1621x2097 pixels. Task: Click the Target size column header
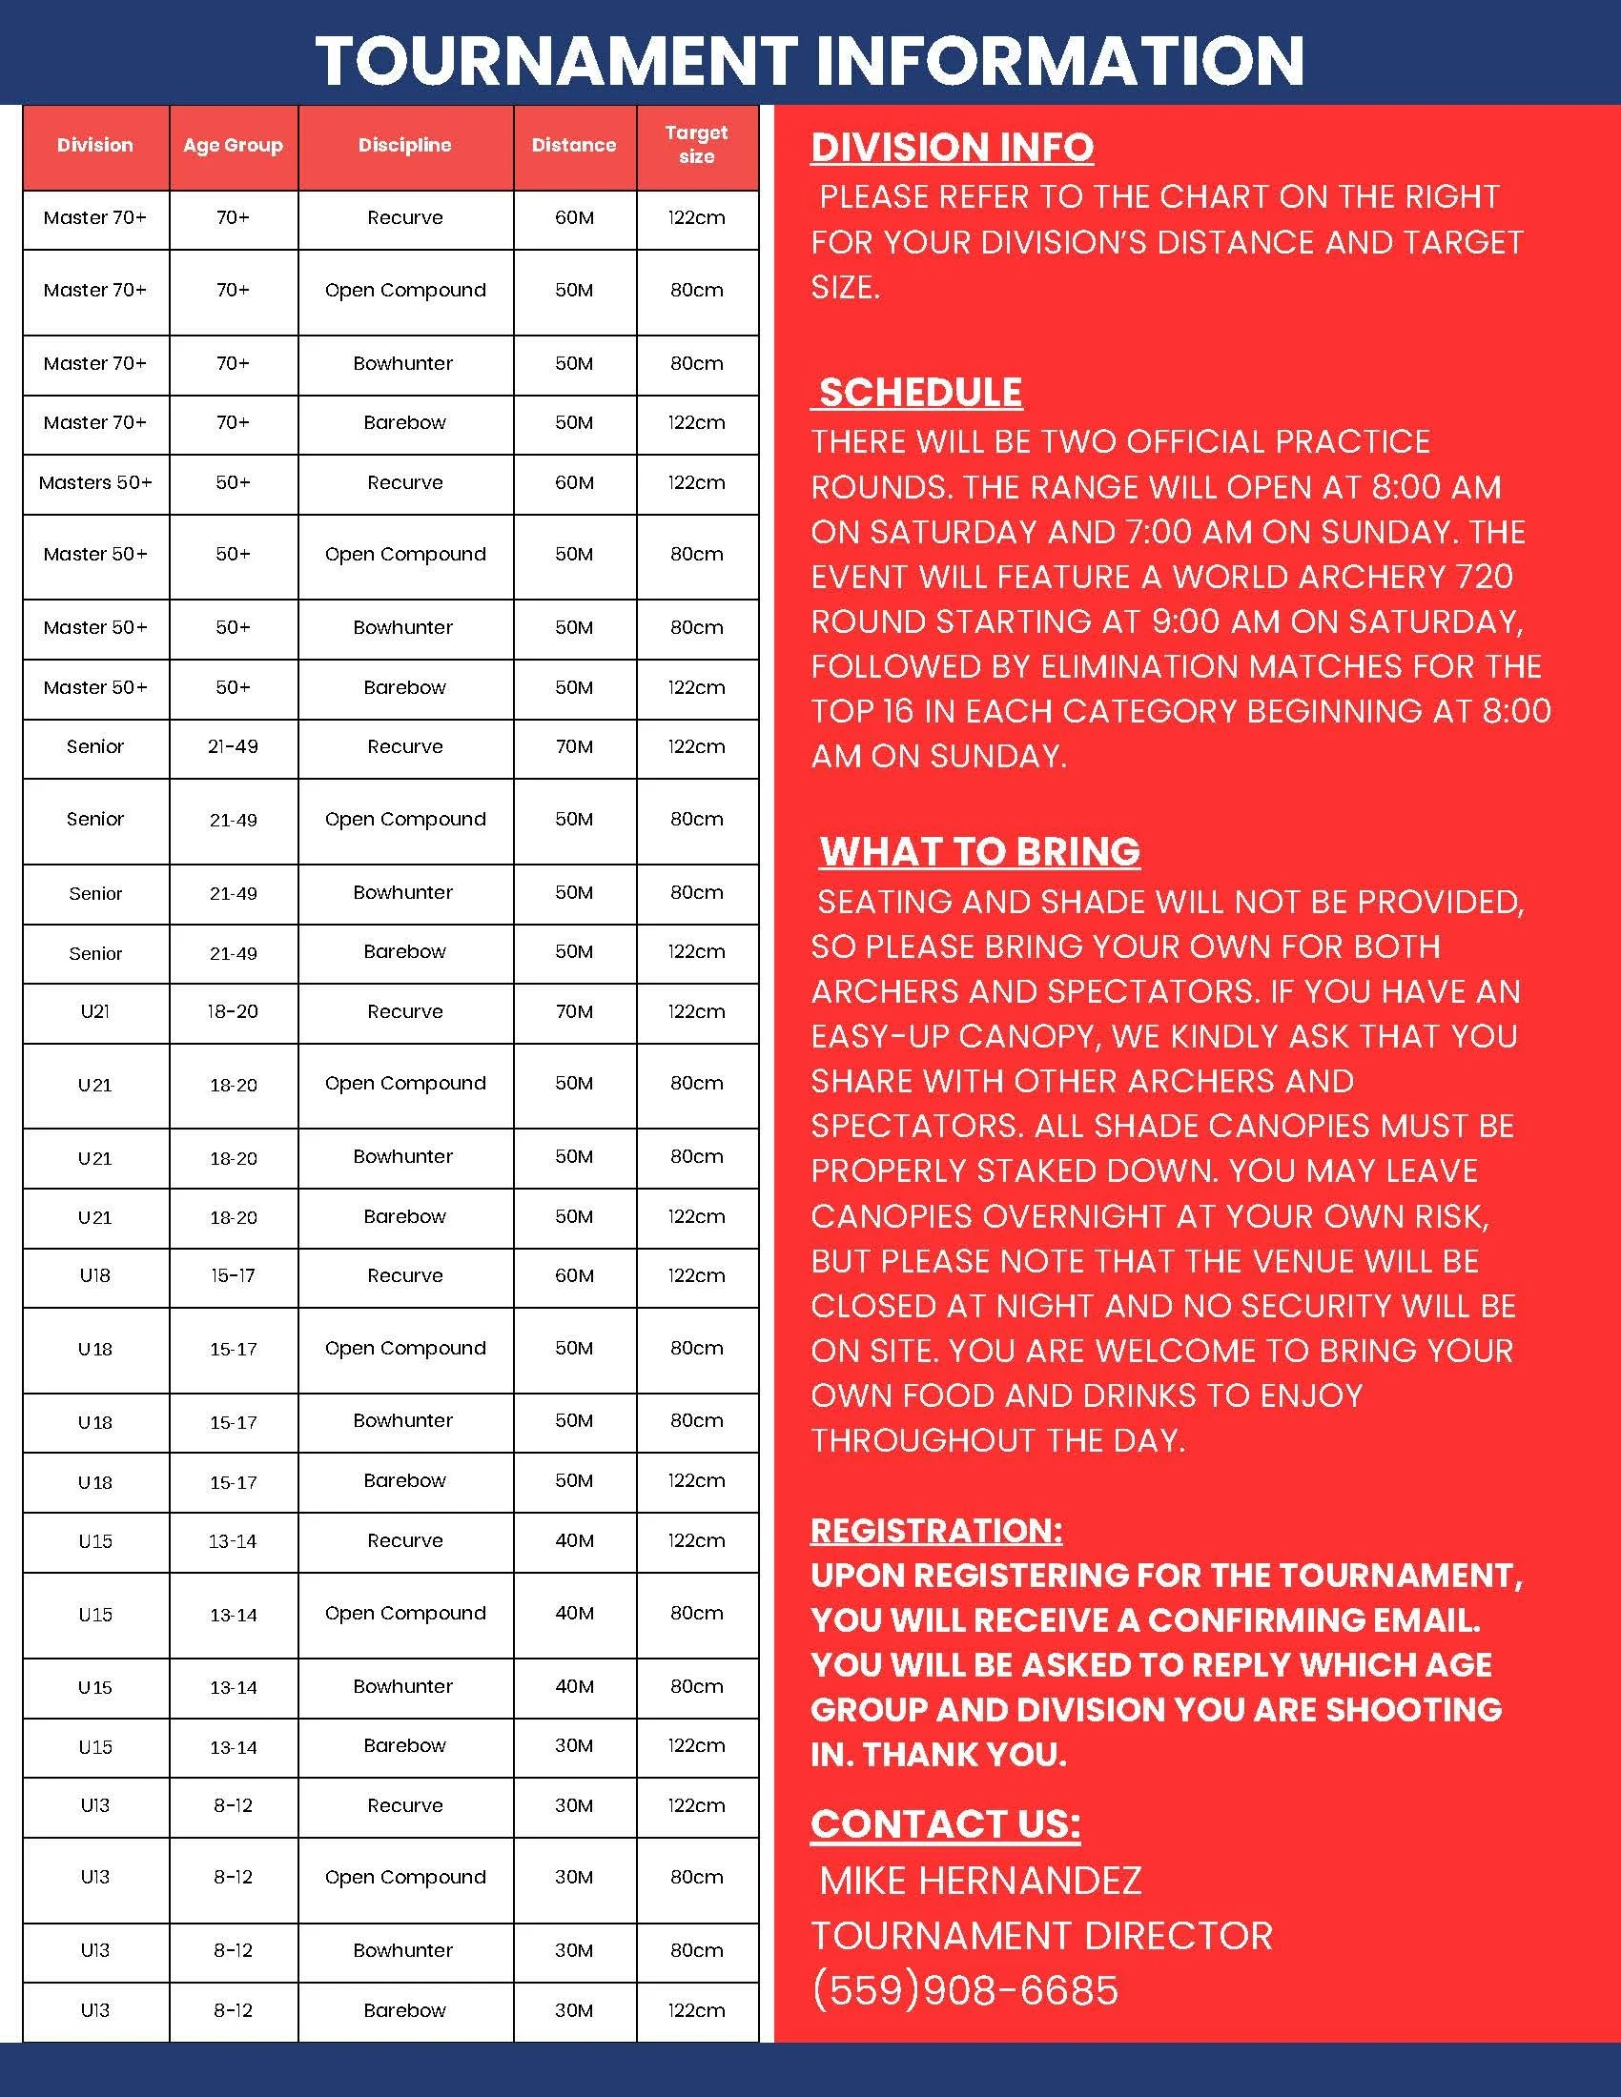pyautogui.click(x=696, y=145)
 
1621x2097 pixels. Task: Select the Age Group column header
pyautogui.click(x=234, y=146)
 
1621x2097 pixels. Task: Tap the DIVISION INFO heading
pyautogui.click(x=952, y=148)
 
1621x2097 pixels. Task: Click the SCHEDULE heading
pyautogui.click(x=920, y=393)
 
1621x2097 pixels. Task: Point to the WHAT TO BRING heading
pyautogui.click(x=979, y=851)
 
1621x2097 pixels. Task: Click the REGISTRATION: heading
pyautogui.click(x=936, y=1531)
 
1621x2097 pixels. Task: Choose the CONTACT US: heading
pyautogui.click(x=945, y=1824)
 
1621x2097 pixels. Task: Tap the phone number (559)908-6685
pyautogui.click(x=964, y=1990)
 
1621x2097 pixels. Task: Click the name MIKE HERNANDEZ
pyautogui.click(x=979, y=1880)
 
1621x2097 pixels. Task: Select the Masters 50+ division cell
pyautogui.click(x=95, y=483)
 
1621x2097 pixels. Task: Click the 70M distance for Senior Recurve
pyautogui.click(x=574, y=747)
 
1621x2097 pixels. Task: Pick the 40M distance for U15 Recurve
pyautogui.click(x=574, y=1541)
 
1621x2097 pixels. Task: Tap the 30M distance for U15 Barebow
pyautogui.click(x=574, y=1746)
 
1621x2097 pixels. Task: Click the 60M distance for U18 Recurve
pyautogui.click(x=574, y=1276)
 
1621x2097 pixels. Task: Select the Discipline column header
pyautogui.click(x=404, y=146)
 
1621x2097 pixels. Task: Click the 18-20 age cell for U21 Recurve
pyautogui.click(x=234, y=1012)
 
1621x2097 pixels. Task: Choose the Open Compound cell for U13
pyautogui.click(x=404, y=1878)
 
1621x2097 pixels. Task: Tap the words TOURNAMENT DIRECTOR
pyautogui.click(x=1041, y=1936)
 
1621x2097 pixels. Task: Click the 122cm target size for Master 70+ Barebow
pyautogui.click(x=696, y=423)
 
